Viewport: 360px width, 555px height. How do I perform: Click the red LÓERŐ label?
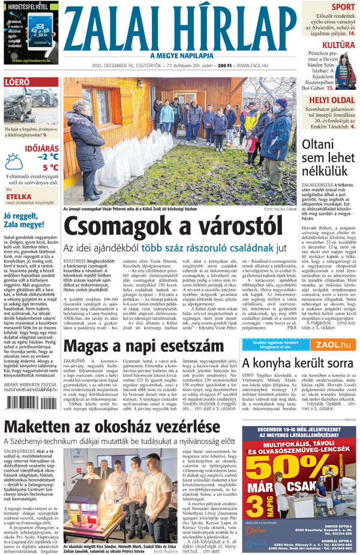coord(18,82)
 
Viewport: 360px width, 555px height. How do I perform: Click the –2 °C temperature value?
coord(47,157)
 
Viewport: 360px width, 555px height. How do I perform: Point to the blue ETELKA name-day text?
coord(18,196)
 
